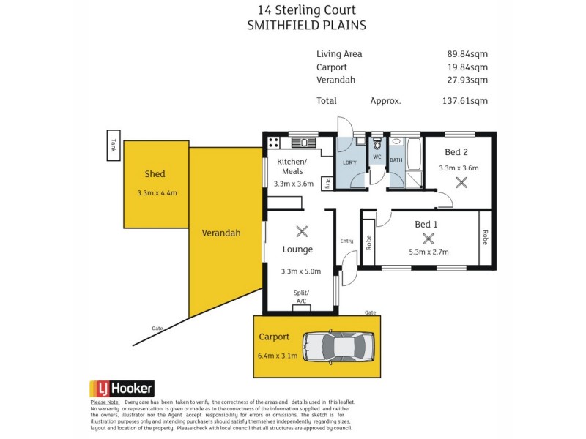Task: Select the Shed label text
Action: (x=155, y=174)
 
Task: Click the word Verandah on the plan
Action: (x=221, y=233)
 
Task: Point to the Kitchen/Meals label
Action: (x=292, y=166)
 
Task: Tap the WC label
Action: (x=377, y=157)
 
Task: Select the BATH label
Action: (x=396, y=160)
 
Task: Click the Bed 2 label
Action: (x=456, y=152)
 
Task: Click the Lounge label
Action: (x=297, y=249)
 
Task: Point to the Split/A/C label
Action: (x=301, y=296)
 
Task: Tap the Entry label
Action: (x=346, y=241)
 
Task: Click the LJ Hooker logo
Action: (x=122, y=389)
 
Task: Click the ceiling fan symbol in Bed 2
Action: (x=461, y=183)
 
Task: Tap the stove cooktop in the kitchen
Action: (x=274, y=143)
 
